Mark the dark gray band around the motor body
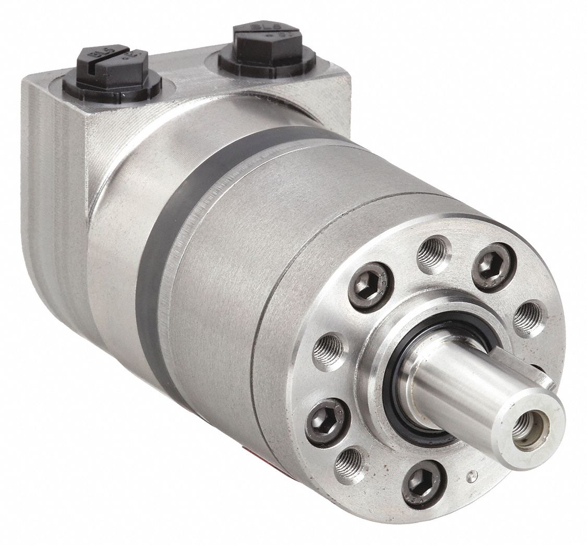pos(157,261)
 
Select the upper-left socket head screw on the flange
pos(370,287)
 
